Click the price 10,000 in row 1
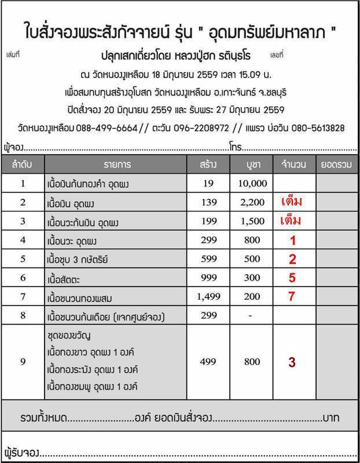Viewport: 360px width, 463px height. [252, 184]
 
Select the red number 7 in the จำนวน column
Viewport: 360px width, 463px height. [292, 296]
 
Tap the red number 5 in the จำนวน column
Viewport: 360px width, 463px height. [292, 278]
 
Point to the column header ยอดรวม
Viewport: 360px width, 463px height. [336, 164]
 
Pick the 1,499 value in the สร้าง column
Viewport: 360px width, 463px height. [207, 296]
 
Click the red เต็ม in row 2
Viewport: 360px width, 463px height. [292, 202]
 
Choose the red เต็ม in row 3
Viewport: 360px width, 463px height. [292, 221]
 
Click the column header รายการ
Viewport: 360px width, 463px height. [118, 164]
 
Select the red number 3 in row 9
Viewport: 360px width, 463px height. [292, 362]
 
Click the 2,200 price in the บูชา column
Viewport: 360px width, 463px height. [252, 203]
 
